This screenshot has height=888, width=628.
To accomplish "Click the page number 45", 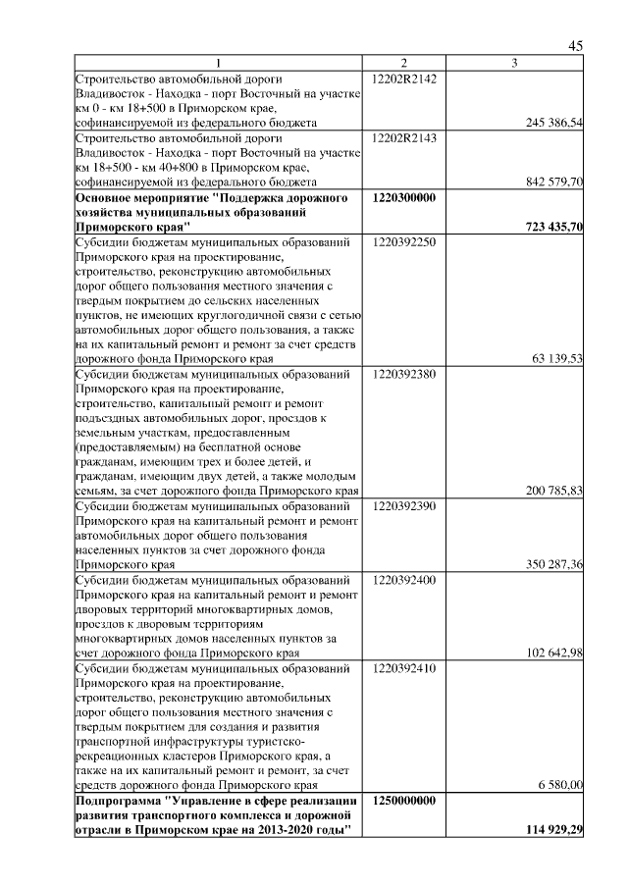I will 576,46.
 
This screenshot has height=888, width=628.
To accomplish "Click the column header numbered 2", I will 404,64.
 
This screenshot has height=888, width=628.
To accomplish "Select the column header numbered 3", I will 514,64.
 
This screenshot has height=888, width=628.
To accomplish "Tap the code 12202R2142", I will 404,78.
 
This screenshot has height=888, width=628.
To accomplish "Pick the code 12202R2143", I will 404,137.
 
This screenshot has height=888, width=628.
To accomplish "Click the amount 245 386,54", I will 554,123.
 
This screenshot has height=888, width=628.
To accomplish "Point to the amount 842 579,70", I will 554,183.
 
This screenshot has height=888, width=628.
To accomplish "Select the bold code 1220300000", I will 404,197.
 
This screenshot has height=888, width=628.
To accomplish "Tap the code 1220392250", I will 404,241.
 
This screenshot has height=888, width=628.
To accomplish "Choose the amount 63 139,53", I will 557,359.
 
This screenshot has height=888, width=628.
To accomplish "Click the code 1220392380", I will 404,374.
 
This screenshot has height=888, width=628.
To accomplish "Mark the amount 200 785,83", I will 554,491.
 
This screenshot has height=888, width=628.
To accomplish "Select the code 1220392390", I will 404,506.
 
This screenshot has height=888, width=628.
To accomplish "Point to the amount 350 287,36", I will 554,565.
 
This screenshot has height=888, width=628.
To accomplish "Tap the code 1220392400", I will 404,580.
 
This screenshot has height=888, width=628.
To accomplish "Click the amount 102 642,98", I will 554,653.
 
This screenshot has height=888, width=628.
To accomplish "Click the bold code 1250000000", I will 404,801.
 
